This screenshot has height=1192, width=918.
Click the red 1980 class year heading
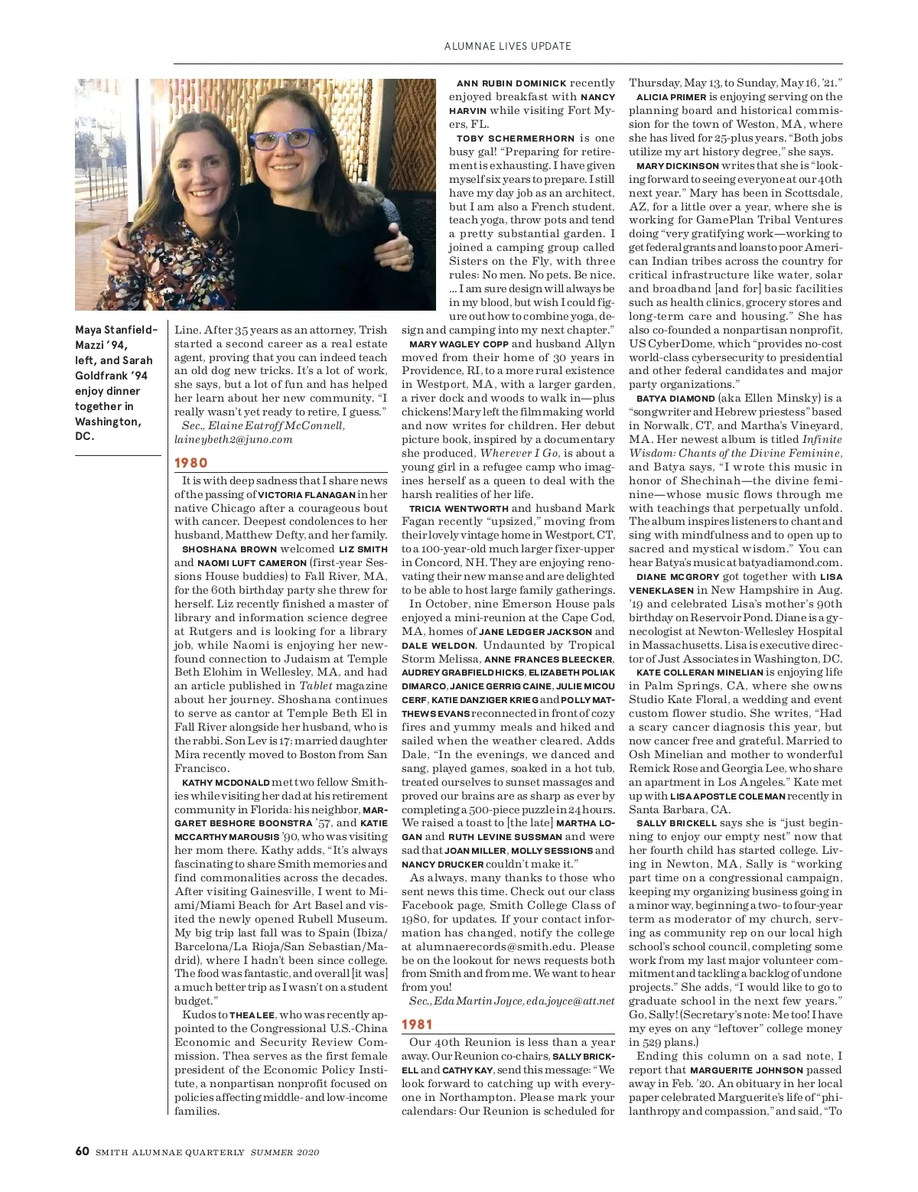[x=191, y=463]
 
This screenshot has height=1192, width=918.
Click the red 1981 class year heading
[x=417, y=1024]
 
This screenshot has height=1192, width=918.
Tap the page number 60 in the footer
[x=83, y=1151]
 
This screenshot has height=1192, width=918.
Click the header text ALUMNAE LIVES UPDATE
[x=508, y=46]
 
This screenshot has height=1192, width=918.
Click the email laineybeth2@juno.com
[x=233, y=439]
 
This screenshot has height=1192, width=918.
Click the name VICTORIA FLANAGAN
[x=307, y=494]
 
